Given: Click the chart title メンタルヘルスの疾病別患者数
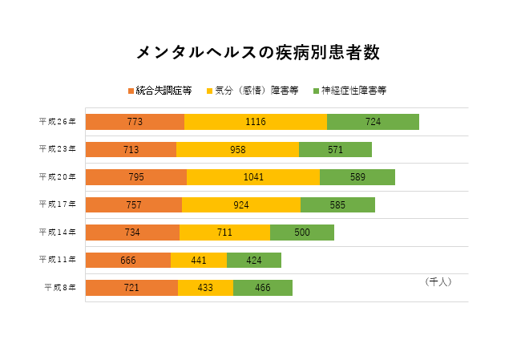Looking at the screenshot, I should click(257, 53).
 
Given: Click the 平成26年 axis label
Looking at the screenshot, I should click(58, 122).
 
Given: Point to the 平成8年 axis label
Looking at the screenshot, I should click(60, 287).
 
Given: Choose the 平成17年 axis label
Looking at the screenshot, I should click(58, 204).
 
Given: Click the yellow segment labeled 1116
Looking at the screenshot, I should click(256, 122).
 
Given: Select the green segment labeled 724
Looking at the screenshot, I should click(373, 122).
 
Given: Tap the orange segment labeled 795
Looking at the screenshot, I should click(136, 177).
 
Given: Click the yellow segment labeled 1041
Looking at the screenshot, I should click(253, 177).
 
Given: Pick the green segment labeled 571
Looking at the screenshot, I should click(335, 149).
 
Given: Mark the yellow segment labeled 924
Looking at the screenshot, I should click(241, 204).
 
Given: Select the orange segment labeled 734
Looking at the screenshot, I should click(132, 233).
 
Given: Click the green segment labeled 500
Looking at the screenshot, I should click(302, 233).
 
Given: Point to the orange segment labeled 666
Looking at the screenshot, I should click(128, 260).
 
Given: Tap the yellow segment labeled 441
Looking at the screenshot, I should click(199, 260).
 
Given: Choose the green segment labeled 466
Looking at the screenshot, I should click(263, 287).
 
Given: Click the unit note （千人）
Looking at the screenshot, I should click(438, 282).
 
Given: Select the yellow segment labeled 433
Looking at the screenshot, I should click(205, 287).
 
